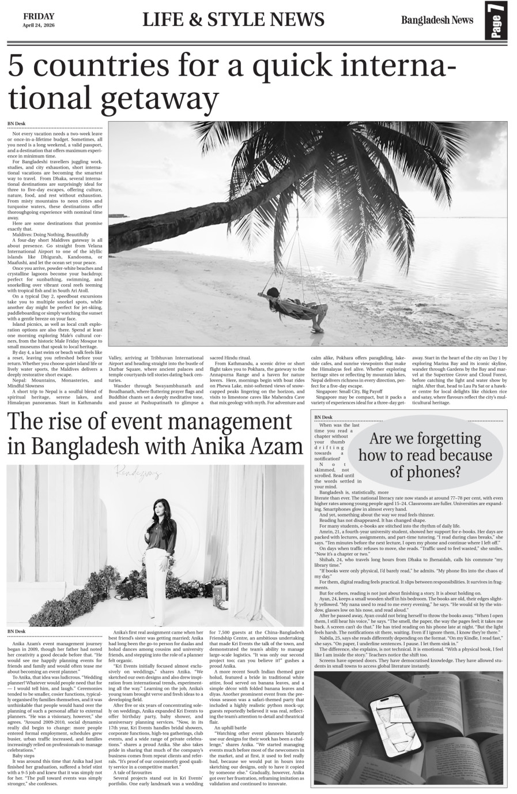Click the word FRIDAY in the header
38,16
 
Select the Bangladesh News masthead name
437,20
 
